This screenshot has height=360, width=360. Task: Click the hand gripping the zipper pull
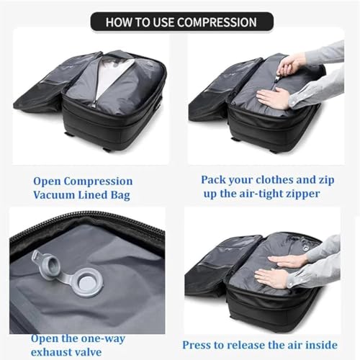(x=292, y=66)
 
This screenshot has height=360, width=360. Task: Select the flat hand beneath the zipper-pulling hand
(x=274, y=97)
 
